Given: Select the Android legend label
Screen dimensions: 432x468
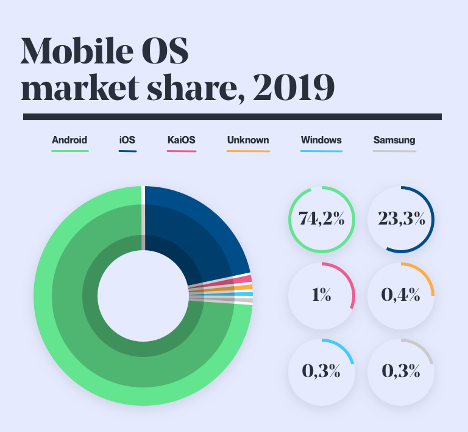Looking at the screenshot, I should [x=69, y=140].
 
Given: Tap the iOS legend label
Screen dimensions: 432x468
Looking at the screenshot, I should [x=127, y=140].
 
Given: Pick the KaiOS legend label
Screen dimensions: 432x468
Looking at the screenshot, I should [x=181, y=140].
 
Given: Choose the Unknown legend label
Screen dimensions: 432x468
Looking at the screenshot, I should [x=247, y=140].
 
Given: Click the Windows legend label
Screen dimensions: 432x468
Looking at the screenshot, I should [x=321, y=140].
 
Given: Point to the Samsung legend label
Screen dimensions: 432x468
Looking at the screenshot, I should [x=394, y=140].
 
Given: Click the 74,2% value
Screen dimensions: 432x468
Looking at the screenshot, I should [x=321, y=219].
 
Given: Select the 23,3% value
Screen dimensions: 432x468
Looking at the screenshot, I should [x=402, y=219].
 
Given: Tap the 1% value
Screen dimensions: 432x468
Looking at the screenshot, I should [x=321, y=295].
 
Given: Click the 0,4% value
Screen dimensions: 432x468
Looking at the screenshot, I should [x=402, y=295].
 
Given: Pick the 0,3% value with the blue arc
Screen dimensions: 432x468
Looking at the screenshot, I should [x=321, y=370].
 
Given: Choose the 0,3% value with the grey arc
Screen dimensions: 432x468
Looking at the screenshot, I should [x=402, y=370].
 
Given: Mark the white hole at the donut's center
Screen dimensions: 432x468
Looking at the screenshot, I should [x=143, y=295].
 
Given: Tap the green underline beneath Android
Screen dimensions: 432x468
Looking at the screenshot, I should [x=70, y=150].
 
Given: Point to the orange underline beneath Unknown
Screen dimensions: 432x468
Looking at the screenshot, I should [x=248, y=150].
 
